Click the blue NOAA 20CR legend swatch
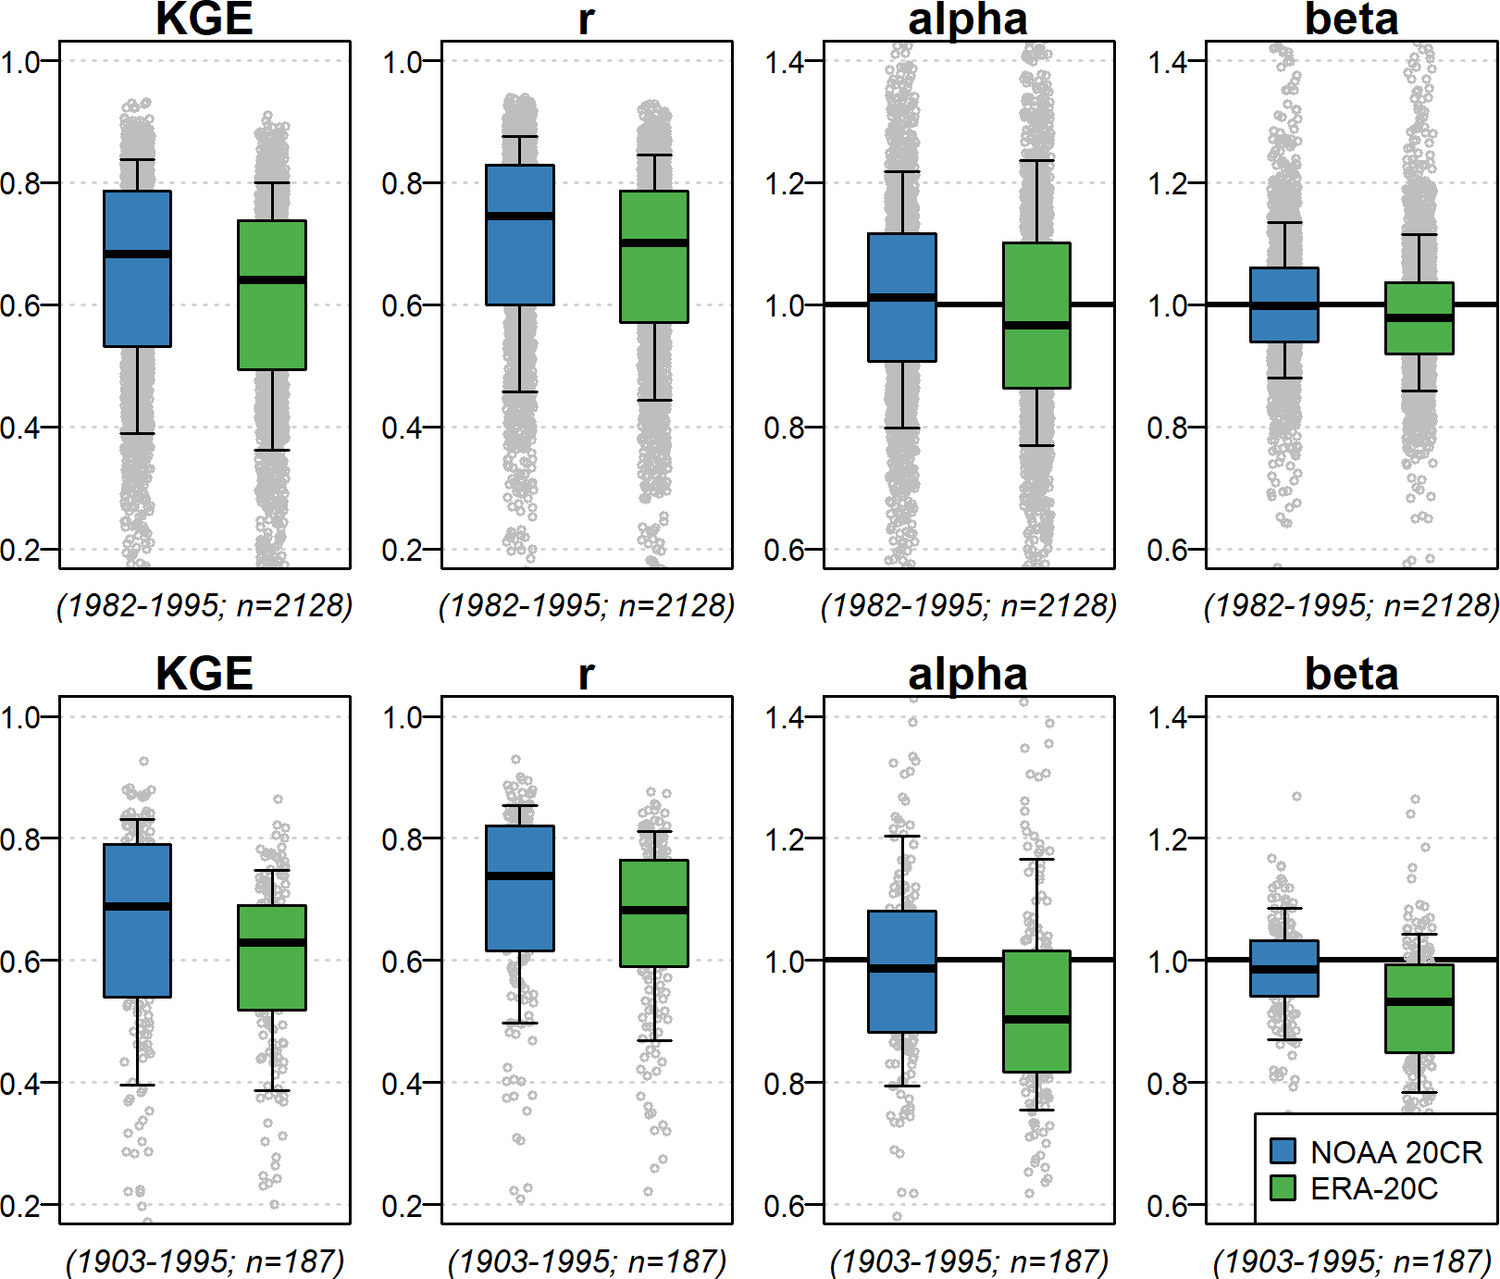(x=1283, y=1150)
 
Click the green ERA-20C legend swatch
(x=1283, y=1188)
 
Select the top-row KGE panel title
(x=205, y=19)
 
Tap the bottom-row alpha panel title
(x=968, y=674)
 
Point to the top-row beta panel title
(x=1351, y=19)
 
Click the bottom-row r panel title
(x=586, y=674)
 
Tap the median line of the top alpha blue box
(x=902, y=297)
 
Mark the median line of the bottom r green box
(x=654, y=910)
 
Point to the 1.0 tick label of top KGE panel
(x=20, y=62)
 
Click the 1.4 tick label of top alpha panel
(x=785, y=62)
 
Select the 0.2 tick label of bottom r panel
(x=403, y=1206)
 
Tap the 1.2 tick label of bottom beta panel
(x=1168, y=839)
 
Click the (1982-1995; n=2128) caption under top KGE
(x=205, y=605)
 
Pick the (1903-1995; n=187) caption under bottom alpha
(x=969, y=1260)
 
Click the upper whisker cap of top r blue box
(x=520, y=137)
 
